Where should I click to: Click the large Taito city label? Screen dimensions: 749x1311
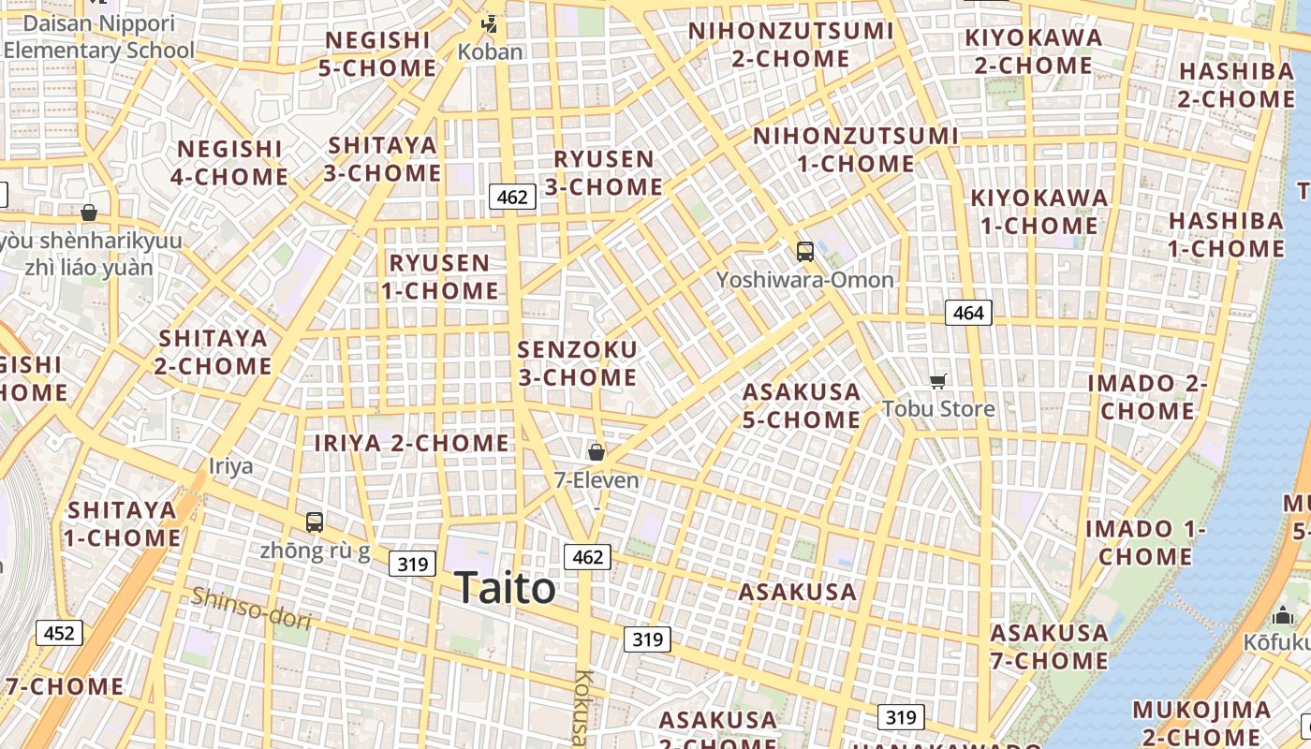click(x=506, y=589)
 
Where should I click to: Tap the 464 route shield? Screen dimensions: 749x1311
click(x=967, y=313)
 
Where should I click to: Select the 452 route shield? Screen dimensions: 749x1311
click(x=59, y=634)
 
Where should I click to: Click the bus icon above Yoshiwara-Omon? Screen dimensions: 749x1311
click(x=804, y=251)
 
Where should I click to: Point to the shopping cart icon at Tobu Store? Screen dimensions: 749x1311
click(x=937, y=381)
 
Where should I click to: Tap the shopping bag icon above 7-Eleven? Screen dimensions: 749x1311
click(x=596, y=453)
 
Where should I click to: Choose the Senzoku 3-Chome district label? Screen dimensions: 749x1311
click(x=577, y=363)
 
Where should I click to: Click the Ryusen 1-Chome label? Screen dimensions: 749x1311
click(x=439, y=276)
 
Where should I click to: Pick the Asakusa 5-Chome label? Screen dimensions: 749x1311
click(x=801, y=405)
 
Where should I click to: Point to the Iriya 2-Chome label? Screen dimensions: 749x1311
click(x=411, y=443)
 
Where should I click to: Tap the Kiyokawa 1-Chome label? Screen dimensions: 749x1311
click(x=1039, y=212)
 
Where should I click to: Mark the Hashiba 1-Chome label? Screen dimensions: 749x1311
click(x=1226, y=235)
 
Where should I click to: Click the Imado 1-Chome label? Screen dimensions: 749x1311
click(x=1145, y=542)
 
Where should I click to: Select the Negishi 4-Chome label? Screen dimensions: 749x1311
click(x=229, y=163)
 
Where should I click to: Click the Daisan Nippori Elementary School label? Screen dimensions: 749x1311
click(x=98, y=37)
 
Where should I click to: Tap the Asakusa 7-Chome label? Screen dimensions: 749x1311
click(x=1049, y=647)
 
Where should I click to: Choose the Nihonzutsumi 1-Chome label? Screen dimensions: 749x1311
click(x=856, y=150)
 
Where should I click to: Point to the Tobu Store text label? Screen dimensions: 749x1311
click(x=938, y=409)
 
